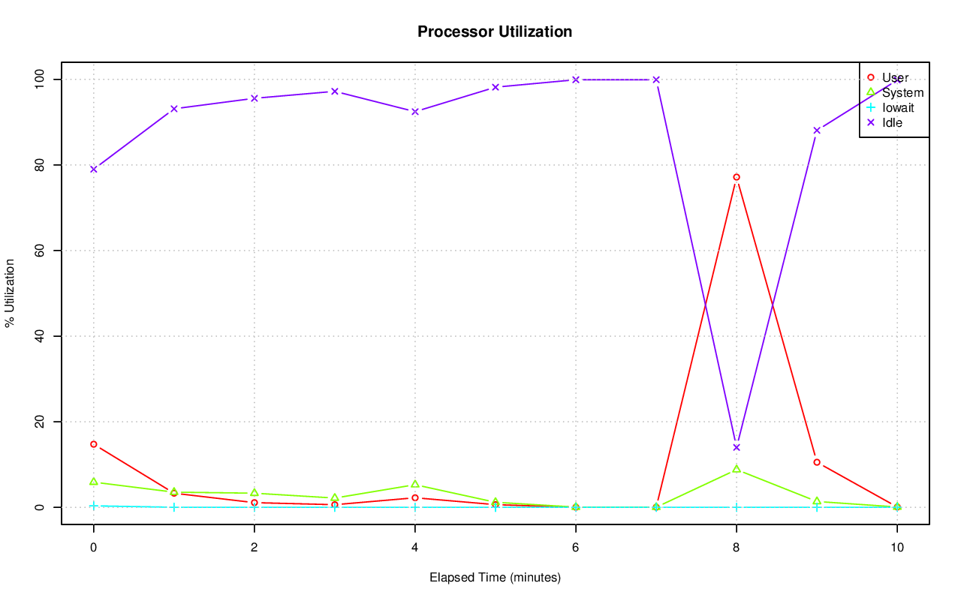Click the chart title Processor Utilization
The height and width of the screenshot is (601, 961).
(495, 32)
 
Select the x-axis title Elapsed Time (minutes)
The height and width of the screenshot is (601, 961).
(495, 578)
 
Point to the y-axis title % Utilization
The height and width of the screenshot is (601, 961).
(10, 293)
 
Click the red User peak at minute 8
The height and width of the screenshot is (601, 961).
(737, 177)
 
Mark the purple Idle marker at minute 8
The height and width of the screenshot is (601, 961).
(737, 447)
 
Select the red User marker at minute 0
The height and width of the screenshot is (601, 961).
(94, 444)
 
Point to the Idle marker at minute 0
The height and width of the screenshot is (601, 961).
(94, 169)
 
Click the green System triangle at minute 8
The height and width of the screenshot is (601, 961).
(737, 469)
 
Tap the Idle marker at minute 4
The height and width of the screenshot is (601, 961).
(415, 111)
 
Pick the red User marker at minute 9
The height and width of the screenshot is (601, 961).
(817, 462)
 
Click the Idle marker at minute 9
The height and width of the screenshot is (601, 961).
(817, 130)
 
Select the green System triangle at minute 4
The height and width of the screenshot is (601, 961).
(415, 485)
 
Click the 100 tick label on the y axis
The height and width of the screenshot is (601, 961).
(42, 79)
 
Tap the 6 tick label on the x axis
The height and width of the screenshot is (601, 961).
(576, 548)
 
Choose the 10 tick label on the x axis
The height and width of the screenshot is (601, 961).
(897, 548)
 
